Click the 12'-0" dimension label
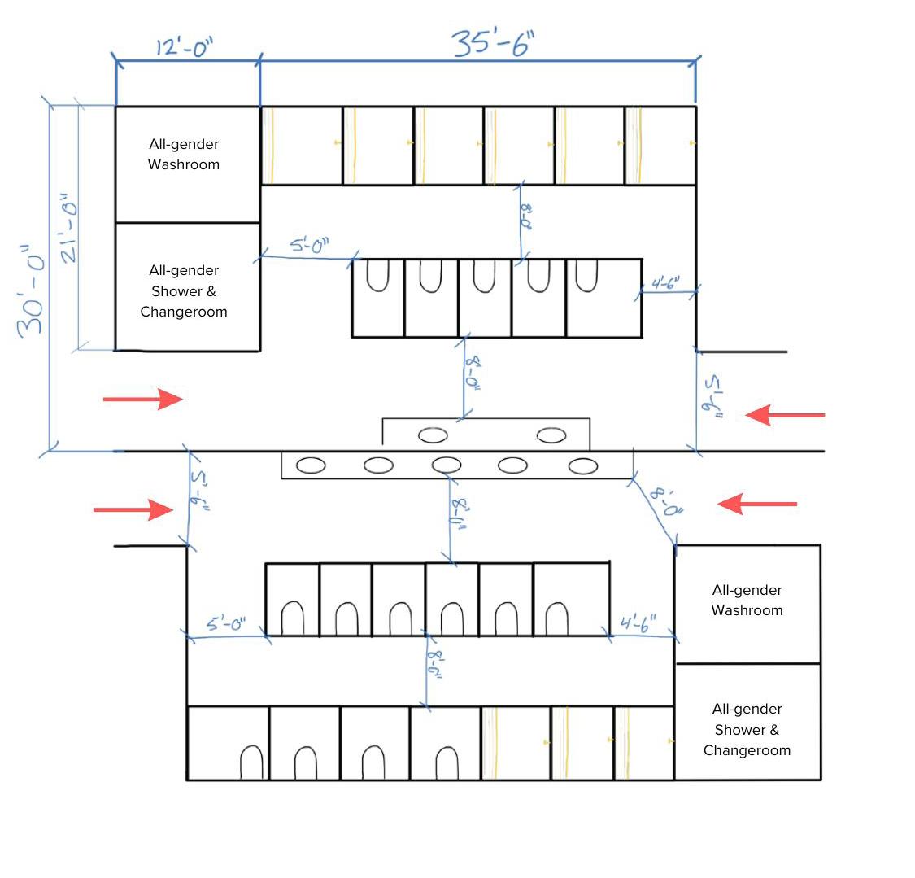[x=184, y=47]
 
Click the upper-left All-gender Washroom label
[x=184, y=154]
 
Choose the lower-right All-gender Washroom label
[x=747, y=600]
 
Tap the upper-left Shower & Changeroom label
[x=184, y=290]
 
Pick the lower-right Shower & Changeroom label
[x=747, y=729]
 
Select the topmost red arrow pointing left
[x=785, y=415]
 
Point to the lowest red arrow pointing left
[x=757, y=505]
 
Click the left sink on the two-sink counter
[x=433, y=435]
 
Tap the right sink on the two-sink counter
[x=551, y=435]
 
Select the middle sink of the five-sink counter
[x=447, y=465]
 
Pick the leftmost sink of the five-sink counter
[x=311, y=465]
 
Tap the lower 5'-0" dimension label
[x=226, y=624]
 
